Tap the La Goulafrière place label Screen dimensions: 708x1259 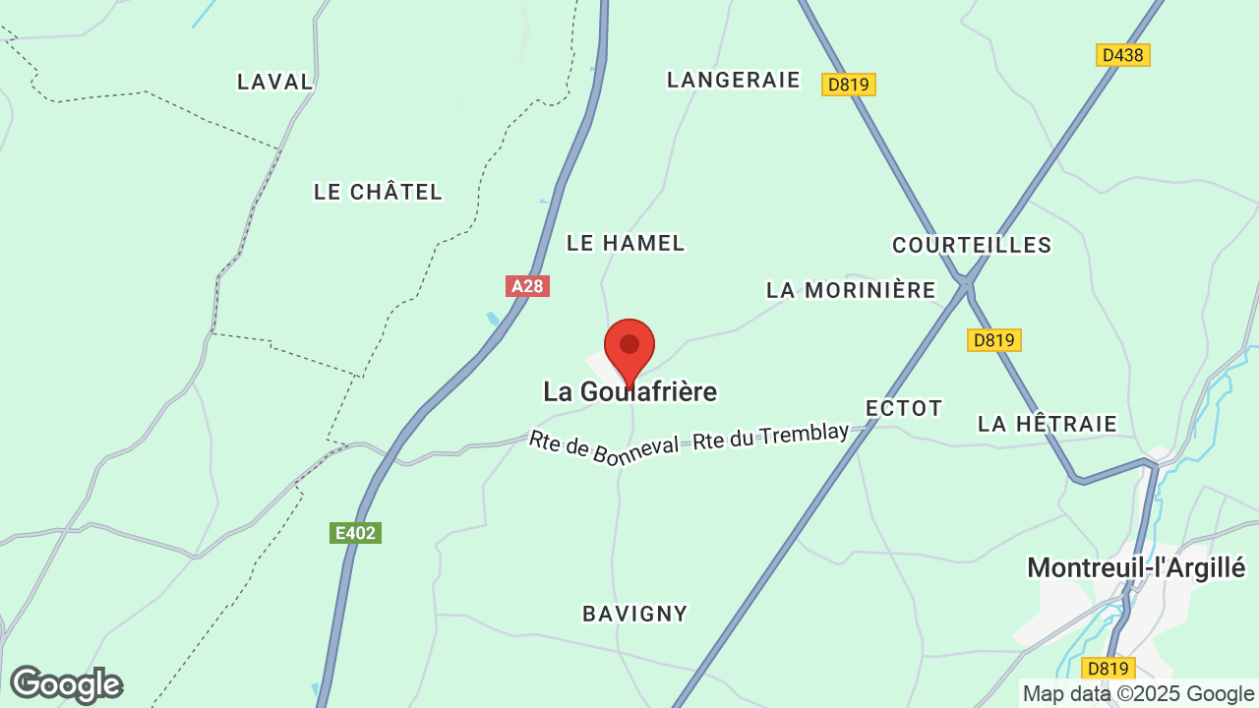(629, 392)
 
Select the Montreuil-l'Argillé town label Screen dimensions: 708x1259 (1136, 567)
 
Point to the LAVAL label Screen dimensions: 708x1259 (275, 82)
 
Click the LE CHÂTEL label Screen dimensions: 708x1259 (379, 192)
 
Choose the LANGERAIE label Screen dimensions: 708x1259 (734, 80)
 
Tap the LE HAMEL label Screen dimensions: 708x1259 (626, 243)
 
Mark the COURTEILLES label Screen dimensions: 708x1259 (972, 245)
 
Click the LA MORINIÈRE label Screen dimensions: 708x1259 (851, 290)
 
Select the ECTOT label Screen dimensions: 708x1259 (904, 408)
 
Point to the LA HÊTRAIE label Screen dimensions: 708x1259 (1048, 424)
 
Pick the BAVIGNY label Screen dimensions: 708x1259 (635, 614)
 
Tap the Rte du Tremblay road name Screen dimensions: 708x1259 (770, 437)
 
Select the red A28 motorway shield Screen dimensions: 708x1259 (527, 286)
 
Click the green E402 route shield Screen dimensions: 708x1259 (355, 533)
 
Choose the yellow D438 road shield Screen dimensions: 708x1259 (1122, 55)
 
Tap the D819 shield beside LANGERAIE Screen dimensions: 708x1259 (848, 85)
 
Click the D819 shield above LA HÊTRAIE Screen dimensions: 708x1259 (993, 340)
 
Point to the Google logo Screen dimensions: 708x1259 (67, 684)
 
